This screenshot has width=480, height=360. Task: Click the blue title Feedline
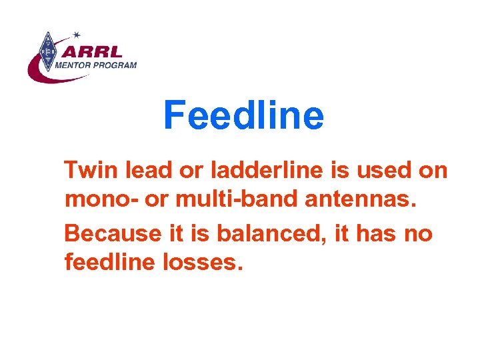click(x=243, y=115)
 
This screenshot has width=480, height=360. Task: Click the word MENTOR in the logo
click(x=73, y=65)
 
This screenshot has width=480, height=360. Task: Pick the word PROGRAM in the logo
click(x=115, y=65)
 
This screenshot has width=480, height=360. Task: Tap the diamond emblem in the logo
click(x=47, y=51)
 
